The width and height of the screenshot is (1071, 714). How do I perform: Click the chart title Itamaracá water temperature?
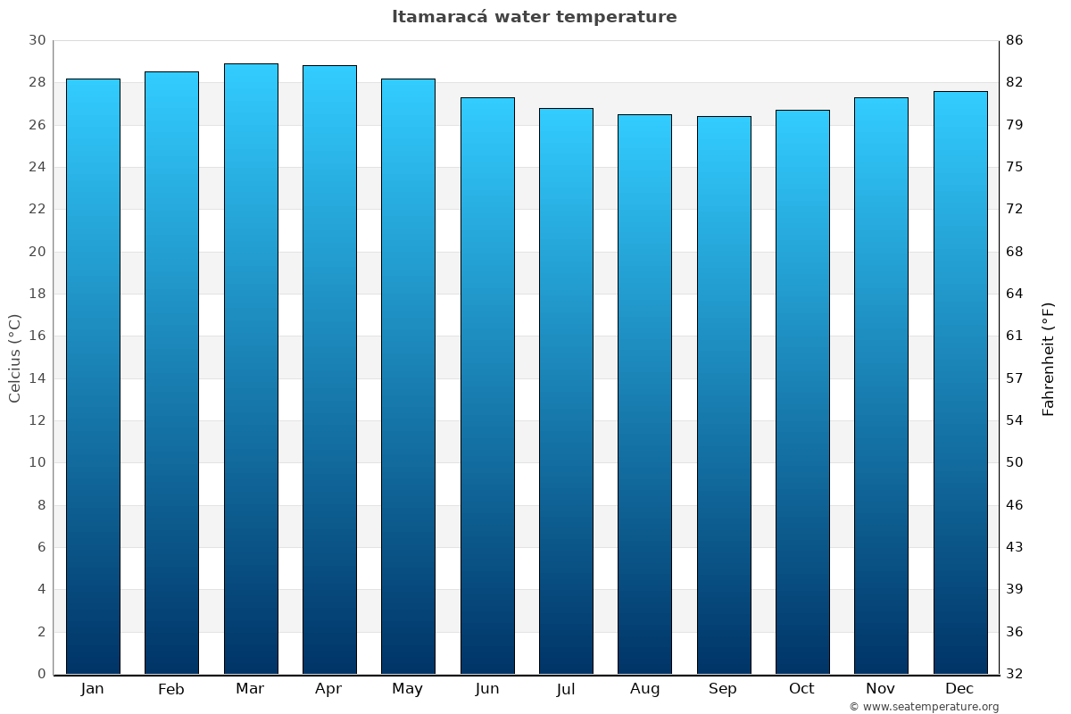534,17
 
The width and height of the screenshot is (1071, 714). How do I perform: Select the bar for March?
251,369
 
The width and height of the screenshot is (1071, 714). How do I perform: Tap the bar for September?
724,394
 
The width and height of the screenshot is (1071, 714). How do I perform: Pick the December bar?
960,382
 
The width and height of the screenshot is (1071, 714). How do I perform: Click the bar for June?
487,386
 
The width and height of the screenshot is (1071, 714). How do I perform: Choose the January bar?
93,376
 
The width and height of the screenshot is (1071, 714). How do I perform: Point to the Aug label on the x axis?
644,689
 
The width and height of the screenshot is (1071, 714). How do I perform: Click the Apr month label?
328,689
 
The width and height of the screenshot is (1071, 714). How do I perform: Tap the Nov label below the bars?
881,689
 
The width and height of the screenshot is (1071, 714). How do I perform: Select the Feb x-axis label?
171,689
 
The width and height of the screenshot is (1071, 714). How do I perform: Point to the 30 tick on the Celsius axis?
37,40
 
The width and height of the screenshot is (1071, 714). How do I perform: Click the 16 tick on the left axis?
37,336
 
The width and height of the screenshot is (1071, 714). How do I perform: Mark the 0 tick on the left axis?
41,674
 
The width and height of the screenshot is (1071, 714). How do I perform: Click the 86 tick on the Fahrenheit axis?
1015,40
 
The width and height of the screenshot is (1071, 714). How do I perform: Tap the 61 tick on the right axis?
1015,336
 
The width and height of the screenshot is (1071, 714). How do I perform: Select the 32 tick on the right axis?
1015,674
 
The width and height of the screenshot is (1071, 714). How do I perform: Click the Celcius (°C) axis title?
14,358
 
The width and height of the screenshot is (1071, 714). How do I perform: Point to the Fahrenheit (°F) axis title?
1048,358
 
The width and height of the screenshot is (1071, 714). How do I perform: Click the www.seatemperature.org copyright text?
924,707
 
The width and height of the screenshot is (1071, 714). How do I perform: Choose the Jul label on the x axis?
566,689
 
